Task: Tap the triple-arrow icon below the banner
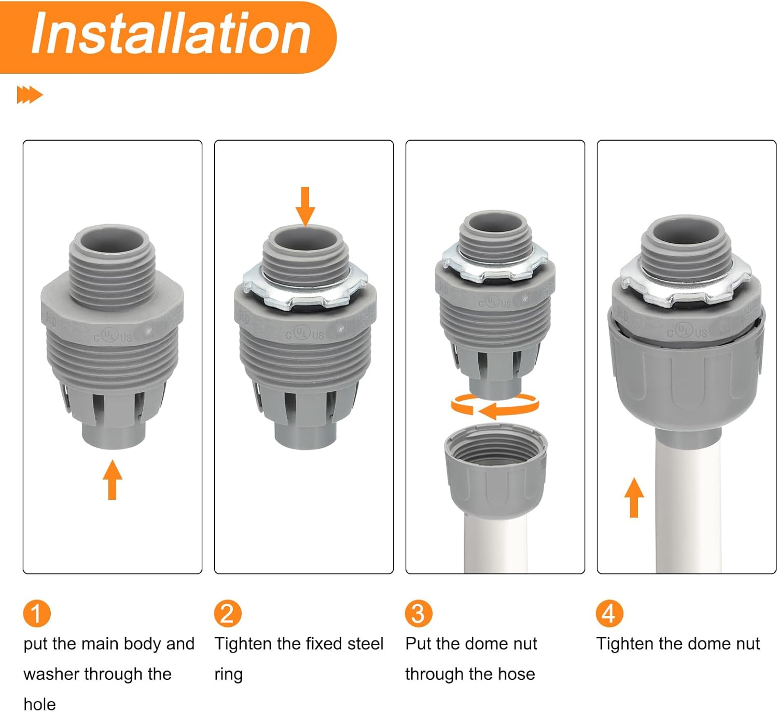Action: point(30,95)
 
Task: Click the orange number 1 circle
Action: point(37,613)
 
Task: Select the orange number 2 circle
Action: point(228,613)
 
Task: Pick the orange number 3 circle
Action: point(419,613)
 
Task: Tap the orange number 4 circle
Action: point(609,613)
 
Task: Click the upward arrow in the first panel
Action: point(113,480)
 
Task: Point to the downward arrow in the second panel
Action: point(305,207)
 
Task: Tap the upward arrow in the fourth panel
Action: point(634,497)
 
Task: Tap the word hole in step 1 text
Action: point(39,704)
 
